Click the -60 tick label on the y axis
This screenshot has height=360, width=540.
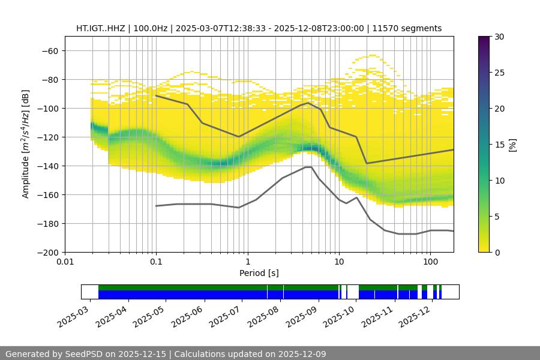coord(49,50)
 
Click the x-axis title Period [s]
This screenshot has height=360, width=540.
coord(259,273)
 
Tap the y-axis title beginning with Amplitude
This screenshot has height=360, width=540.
coord(26,144)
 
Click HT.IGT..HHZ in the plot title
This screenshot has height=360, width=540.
coord(100,28)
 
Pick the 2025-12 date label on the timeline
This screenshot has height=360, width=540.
coord(414,316)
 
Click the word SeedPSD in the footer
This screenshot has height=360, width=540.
coord(83,354)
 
